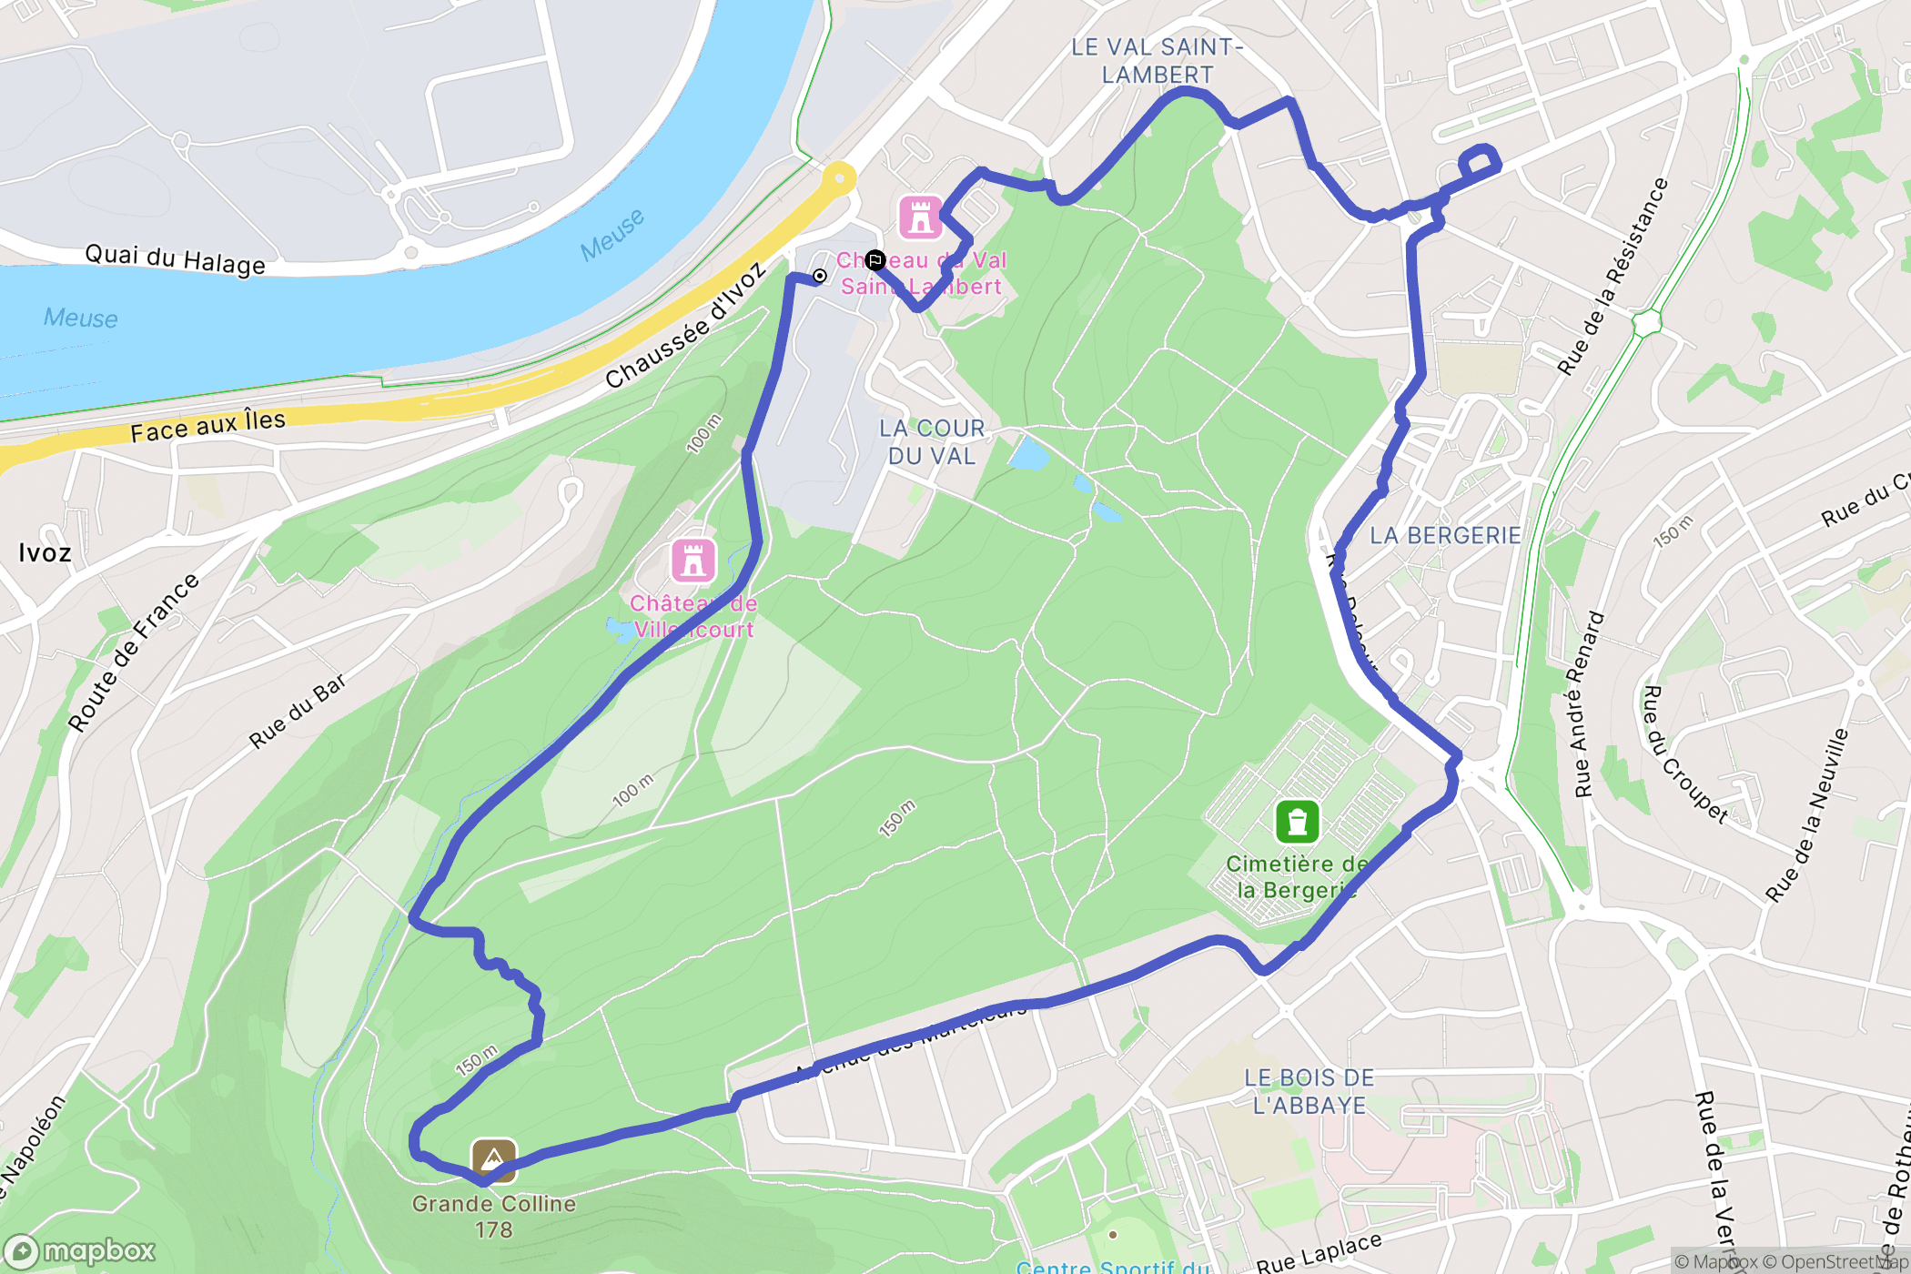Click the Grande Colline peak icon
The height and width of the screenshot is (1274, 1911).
tap(493, 1160)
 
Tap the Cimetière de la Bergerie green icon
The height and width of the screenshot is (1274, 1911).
tap(1298, 823)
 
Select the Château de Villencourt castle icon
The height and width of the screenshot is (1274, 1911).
tap(693, 561)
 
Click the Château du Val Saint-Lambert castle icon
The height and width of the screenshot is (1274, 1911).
tap(920, 217)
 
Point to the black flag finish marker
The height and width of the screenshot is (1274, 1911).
tap(875, 261)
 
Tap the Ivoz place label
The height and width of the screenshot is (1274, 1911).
tap(45, 552)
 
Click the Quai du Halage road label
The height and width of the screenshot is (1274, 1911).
tap(175, 258)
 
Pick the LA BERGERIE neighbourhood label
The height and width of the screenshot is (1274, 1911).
tap(1445, 535)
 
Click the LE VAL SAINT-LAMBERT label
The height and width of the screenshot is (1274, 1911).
tap(1157, 60)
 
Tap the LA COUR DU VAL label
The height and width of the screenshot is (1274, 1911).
tap(932, 441)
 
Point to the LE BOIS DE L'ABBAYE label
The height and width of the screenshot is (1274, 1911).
tap(1309, 1091)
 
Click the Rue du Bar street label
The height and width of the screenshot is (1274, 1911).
tap(298, 711)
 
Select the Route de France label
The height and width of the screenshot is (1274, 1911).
tap(134, 652)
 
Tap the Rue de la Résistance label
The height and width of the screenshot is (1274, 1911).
tap(1613, 277)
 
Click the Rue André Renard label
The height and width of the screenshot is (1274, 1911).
tap(1590, 704)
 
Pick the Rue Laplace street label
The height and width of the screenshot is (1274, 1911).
tap(1319, 1253)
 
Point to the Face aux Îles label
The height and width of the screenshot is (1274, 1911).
tap(207, 425)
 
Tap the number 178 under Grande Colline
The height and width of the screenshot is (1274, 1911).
tap(493, 1230)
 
